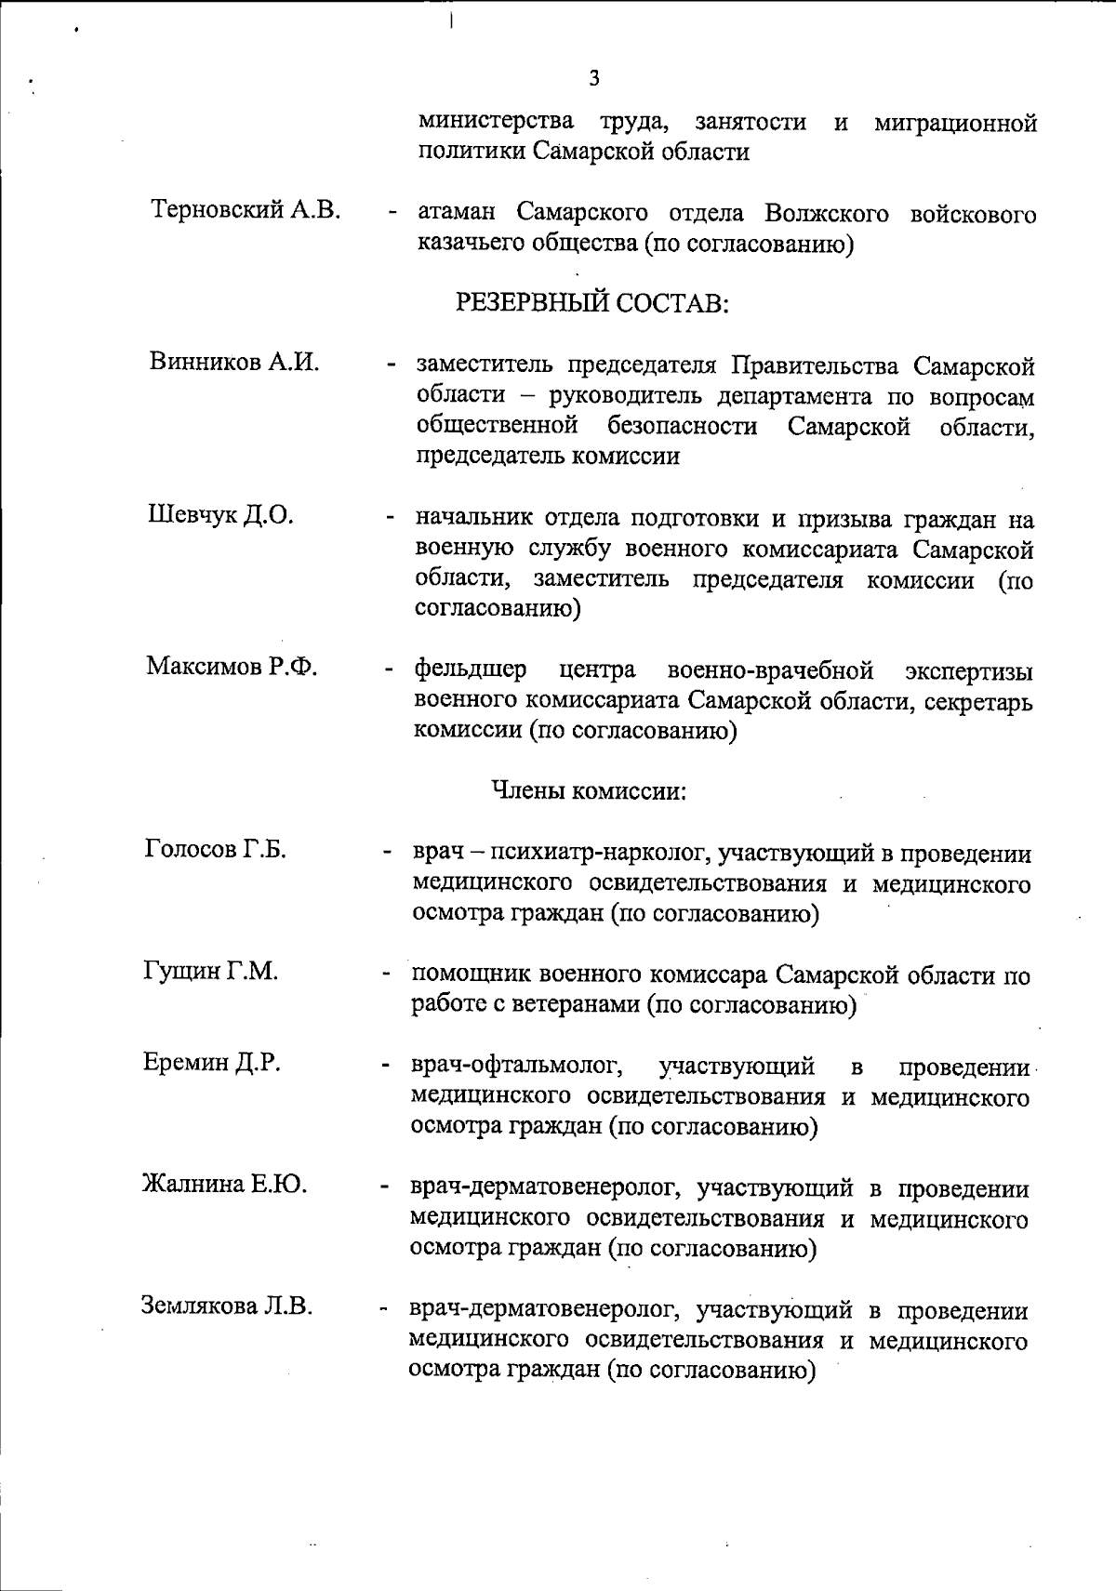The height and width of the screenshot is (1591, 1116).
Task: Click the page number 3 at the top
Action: coord(594,78)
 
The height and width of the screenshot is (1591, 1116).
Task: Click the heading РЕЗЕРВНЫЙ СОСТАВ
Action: coord(591,303)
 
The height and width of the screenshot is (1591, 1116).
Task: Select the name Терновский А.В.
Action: coord(246,210)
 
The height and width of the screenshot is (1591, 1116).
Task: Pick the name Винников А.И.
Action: coord(234,363)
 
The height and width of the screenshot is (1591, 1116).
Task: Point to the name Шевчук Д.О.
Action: coord(221,515)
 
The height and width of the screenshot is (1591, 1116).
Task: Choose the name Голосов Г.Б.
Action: coord(216,848)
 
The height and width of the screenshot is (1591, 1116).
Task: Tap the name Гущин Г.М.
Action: coord(211,971)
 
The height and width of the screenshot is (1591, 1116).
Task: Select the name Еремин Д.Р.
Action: coord(212,1062)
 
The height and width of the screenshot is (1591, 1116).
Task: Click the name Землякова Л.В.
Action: coord(226,1306)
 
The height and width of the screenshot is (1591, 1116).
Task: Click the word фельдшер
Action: coord(471,670)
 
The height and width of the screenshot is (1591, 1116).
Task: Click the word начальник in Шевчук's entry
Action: coord(474,519)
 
